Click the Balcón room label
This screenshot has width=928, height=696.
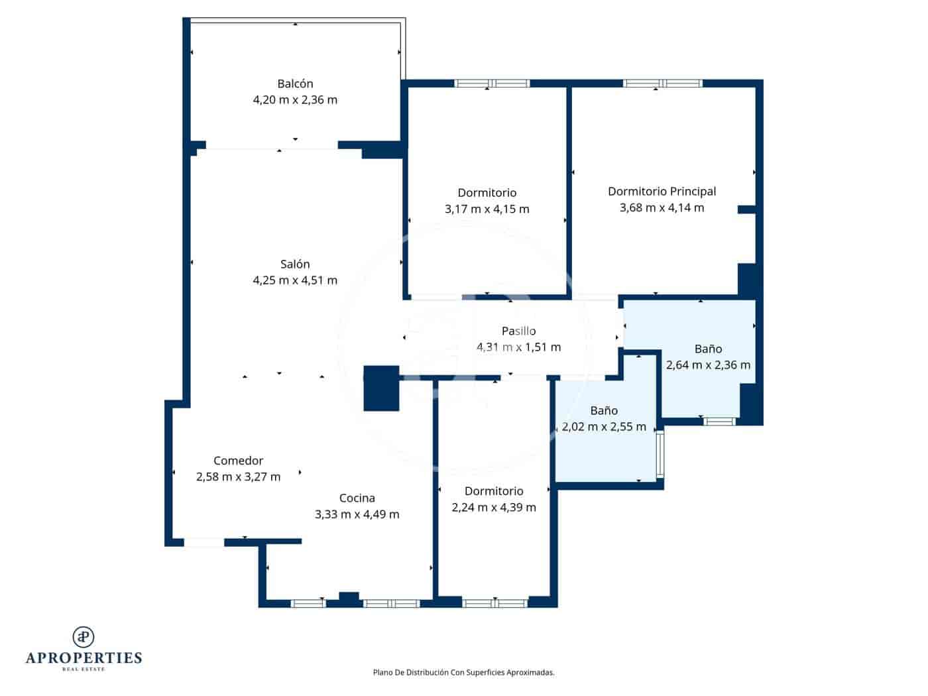click(x=295, y=84)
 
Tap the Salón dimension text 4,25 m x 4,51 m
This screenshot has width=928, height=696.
click(x=295, y=280)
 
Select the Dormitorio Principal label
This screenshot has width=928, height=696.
click(x=662, y=192)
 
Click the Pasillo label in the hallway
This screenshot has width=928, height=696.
click(x=518, y=331)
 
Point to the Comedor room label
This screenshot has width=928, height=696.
click(x=238, y=461)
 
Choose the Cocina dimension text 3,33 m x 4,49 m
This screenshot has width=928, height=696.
click(x=357, y=514)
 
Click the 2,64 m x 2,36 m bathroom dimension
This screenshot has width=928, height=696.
click(x=708, y=365)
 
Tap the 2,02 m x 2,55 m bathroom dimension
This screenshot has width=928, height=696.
click(x=603, y=427)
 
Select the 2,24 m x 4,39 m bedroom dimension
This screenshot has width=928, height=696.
click(x=494, y=508)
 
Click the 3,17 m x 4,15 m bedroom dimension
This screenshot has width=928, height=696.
click(x=487, y=209)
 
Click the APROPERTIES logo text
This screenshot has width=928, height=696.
click(x=84, y=658)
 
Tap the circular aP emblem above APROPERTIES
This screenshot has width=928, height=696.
click(x=84, y=636)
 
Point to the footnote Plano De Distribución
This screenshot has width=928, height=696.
click(x=463, y=672)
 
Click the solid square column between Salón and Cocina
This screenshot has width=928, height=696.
click(x=381, y=388)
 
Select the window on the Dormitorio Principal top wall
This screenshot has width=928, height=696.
click(x=662, y=84)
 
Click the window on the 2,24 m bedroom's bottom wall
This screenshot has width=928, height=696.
click(x=494, y=603)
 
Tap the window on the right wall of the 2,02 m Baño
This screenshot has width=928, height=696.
click(x=660, y=455)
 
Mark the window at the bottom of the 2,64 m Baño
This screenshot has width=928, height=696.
click(x=719, y=422)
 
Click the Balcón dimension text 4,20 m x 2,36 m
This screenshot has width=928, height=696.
click(x=295, y=100)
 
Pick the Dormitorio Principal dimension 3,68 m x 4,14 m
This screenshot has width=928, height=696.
click(x=662, y=208)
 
